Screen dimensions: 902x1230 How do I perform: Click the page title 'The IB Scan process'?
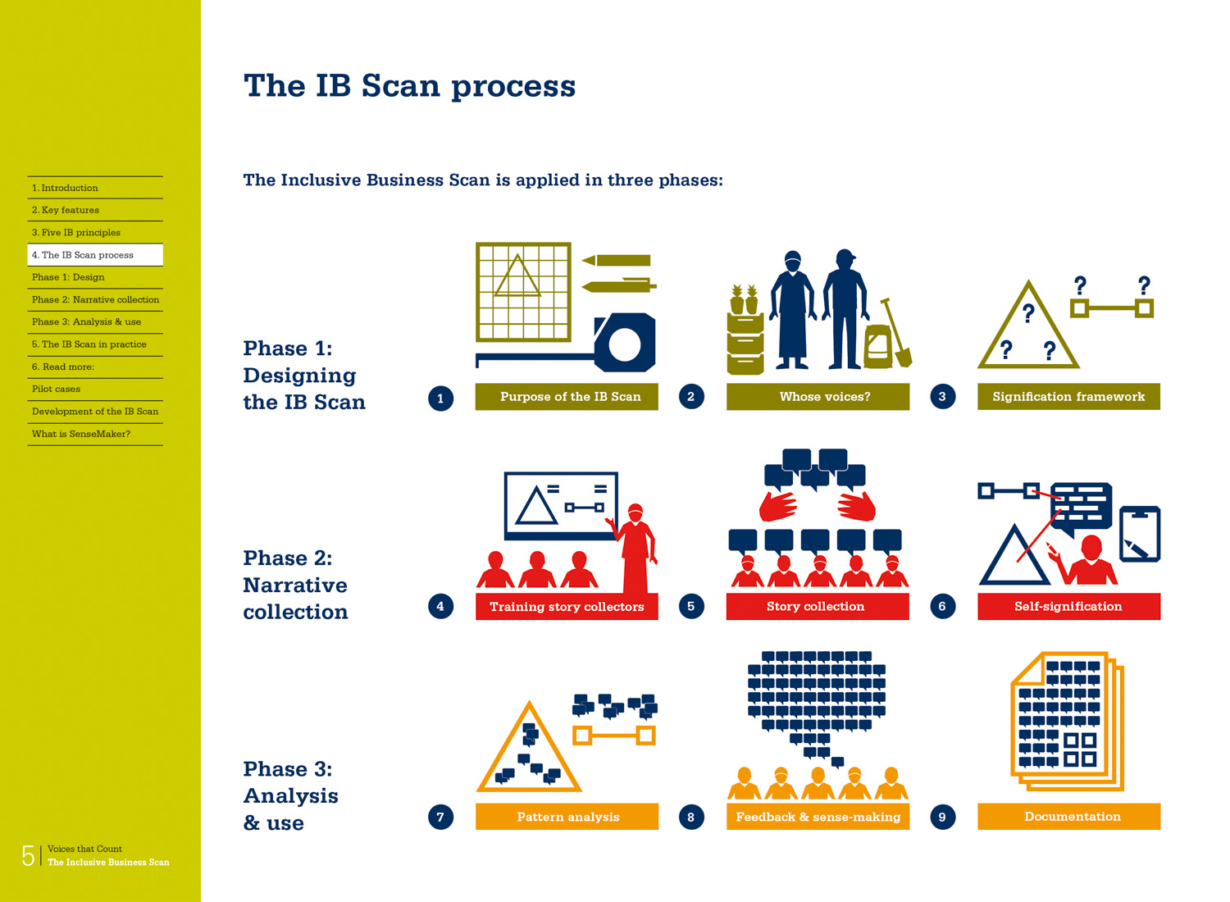(409, 86)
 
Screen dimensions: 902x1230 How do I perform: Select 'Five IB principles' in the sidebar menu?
(76, 233)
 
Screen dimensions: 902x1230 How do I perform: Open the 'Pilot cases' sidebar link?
(57, 389)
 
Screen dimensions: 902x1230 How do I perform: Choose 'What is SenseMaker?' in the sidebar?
(81, 435)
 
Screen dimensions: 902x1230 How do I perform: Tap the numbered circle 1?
(440, 399)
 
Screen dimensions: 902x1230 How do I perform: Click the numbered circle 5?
(691, 607)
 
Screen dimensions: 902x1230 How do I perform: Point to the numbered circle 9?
(942, 817)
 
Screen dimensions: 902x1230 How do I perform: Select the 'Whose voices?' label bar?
(818, 397)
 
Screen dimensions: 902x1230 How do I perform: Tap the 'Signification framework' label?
(1068, 397)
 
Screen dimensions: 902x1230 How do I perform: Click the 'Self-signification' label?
(1068, 607)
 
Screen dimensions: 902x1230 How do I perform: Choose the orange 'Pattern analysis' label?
(567, 817)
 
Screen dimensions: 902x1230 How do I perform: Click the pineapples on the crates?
(744, 298)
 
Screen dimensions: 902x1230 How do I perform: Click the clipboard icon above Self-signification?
(1140, 534)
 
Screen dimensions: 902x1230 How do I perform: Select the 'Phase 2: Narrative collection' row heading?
(296, 585)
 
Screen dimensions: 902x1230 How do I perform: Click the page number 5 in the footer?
(28, 856)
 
